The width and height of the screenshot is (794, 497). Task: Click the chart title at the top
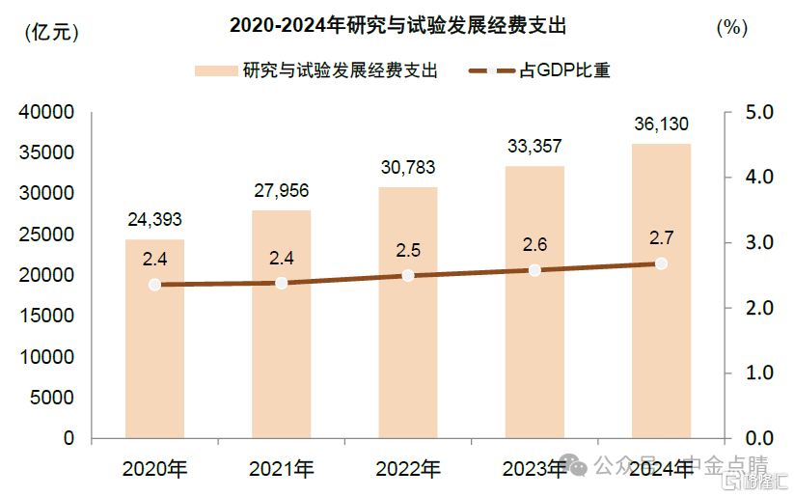(x=397, y=26)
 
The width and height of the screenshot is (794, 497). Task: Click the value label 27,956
(x=281, y=191)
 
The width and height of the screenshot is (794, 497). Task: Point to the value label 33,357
(x=534, y=147)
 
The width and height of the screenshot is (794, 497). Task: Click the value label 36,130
(x=661, y=124)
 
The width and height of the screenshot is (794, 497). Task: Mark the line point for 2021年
(x=281, y=283)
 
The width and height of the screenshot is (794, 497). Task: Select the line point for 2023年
(x=534, y=270)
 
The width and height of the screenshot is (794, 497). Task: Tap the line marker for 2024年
(x=661, y=263)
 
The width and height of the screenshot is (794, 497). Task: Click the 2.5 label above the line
(x=408, y=251)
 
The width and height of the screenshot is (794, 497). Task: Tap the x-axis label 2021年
(x=281, y=470)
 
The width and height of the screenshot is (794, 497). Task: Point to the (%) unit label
(x=731, y=28)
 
